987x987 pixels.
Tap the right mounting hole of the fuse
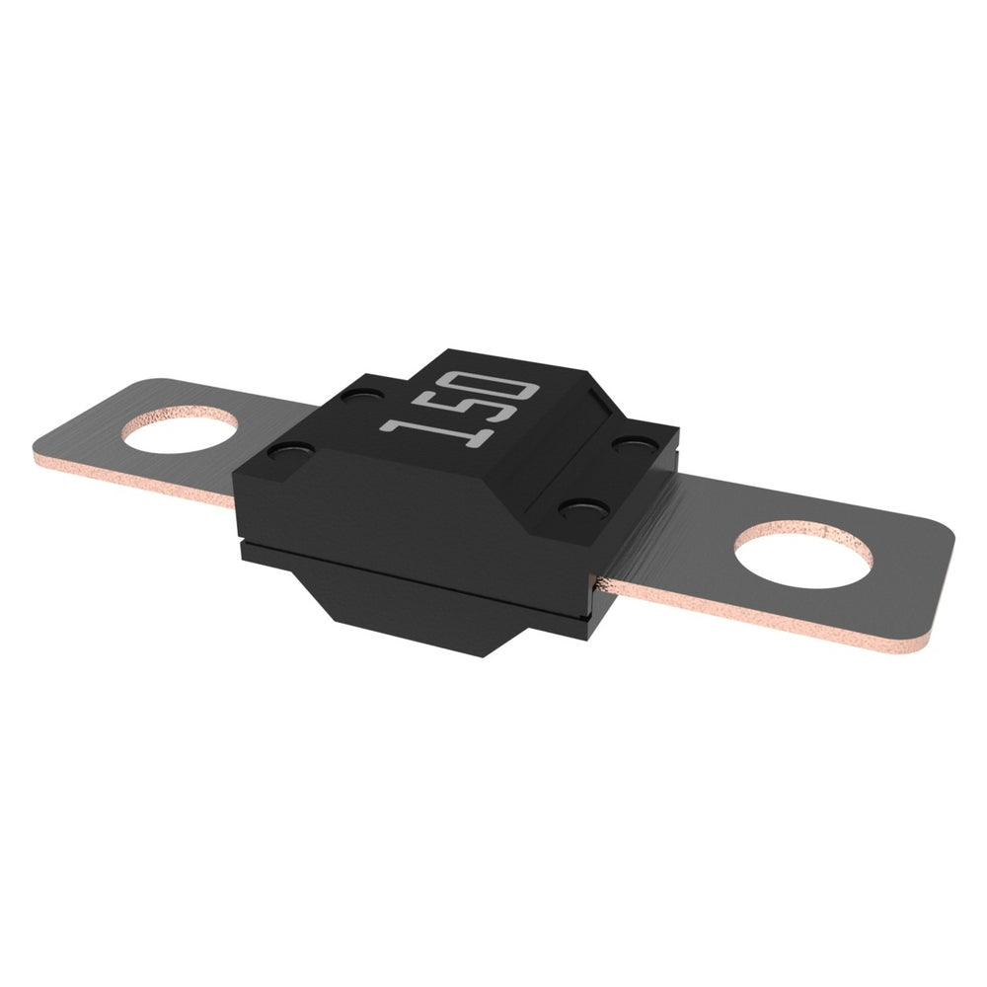click(x=803, y=555)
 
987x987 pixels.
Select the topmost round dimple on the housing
click(x=360, y=397)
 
